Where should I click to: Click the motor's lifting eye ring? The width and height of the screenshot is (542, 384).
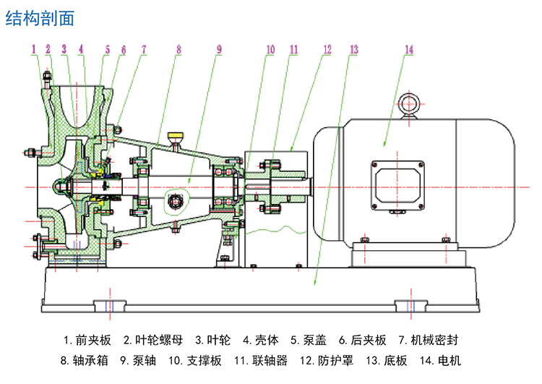pos(410,103)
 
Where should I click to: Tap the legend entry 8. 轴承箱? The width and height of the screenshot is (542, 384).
pos(83,360)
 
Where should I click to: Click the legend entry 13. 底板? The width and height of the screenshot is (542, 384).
pos(384,360)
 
